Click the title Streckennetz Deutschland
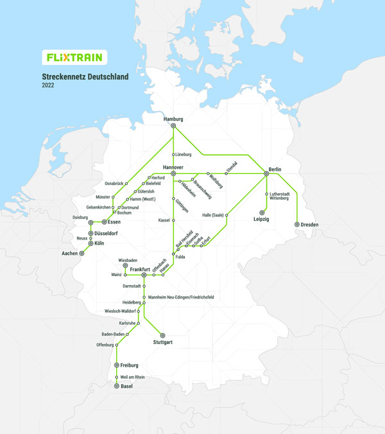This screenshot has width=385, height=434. tap(85, 76)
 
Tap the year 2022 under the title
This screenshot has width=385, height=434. tap(49, 85)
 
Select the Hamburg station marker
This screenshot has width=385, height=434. tap(173, 126)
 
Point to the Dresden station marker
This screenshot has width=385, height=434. tap(296, 225)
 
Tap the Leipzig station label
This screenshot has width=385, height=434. tap(261, 220)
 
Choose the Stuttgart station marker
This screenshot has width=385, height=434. tap(162, 335)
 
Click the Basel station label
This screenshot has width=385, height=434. tap(126, 386)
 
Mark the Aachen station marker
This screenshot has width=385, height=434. tap(81, 253)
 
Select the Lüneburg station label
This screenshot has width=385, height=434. tap(184, 155)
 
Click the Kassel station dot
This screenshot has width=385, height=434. tap(173, 220)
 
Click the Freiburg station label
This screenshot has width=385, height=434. tap(129, 365)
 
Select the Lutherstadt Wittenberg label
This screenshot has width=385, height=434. tap(282, 196)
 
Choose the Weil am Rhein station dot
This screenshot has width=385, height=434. tap(116, 377)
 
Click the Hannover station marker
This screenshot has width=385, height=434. tap(173, 173)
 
